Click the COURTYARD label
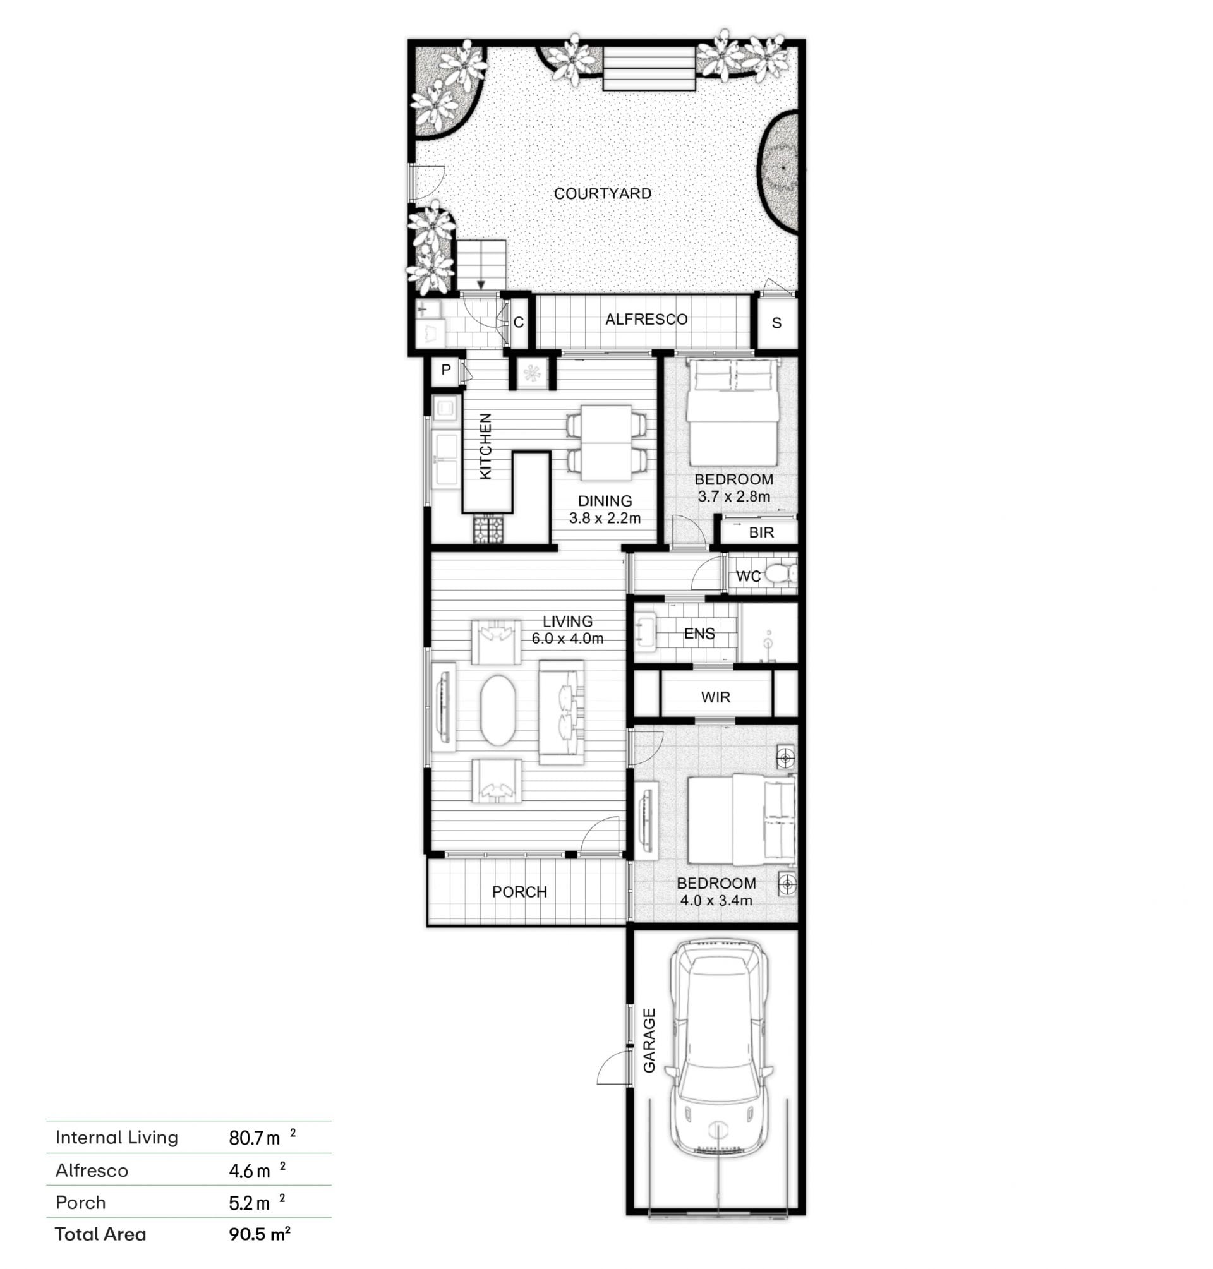(x=602, y=193)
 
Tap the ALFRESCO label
(x=646, y=320)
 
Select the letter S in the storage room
(x=776, y=323)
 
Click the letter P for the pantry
(x=445, y=370)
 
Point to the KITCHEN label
(x=486, y=446)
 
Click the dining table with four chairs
(x=606, y=443)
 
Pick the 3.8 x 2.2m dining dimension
(x=605, y=518)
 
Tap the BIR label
(x=761, y=532)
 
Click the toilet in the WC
(x=780, y=574)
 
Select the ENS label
(x=699, y=634)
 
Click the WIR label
(x=715, y=697)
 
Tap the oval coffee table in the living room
(x=498, y=710)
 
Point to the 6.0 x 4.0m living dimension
(x=567, y=639)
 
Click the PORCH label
(x=519, y=892)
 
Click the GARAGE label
(x=649, y=1041)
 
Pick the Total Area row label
(x=100, y=1234)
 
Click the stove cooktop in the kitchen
(x=488, y=529)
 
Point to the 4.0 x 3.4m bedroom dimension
(x=716, y=901)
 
